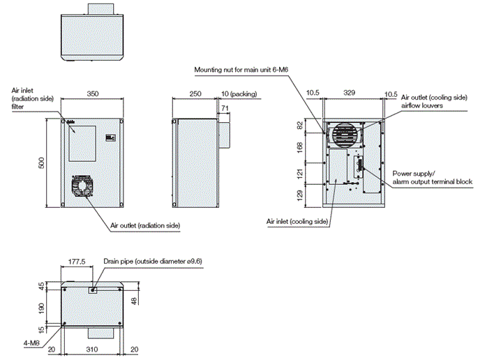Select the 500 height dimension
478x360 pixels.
click(42, 163)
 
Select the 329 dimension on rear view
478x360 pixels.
click(353, 91)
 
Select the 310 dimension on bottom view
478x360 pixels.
click(94, 349)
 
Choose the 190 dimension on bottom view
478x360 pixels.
click(42, 307)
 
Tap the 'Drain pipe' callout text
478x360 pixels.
click(152, 262)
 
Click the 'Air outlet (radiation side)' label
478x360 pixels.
click(145, 226)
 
